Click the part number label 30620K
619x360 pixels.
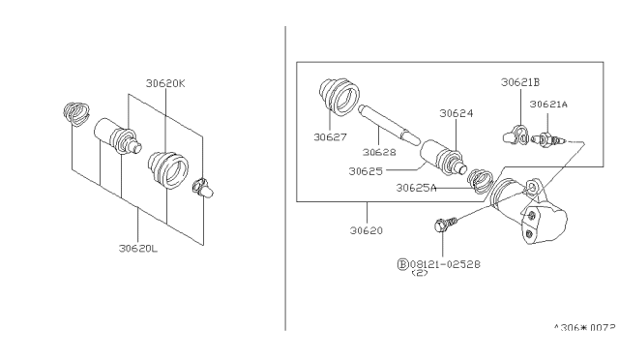165,83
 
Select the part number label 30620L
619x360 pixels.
138,248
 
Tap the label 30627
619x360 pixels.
330,137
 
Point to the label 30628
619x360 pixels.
379,152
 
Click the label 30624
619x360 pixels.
456,113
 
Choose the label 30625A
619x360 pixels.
416,188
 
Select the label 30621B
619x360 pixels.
520,82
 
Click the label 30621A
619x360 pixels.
548,105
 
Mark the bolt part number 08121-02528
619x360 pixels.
445,264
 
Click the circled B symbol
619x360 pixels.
402,264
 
